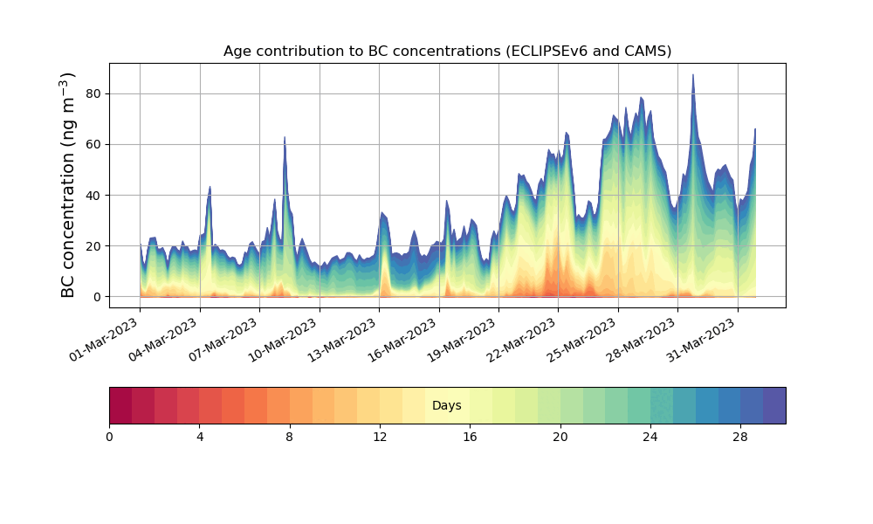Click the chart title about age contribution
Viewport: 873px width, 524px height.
click(x=447, y=51)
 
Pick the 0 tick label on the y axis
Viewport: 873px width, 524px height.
click(x=98, y=297)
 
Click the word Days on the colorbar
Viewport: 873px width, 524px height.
click(x=447, y=405)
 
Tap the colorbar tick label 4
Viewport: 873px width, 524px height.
click(x=200, y=437)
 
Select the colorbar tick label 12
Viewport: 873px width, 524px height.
click(x=380, y=437)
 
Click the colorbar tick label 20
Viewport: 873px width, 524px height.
click(x=560, y=437)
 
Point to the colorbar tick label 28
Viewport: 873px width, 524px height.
click(x=740, y=437)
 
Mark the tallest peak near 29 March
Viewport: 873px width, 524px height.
click(x=693, y=76)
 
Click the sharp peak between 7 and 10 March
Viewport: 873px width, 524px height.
click(x=285, y=138)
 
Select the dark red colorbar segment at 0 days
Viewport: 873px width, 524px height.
click(x=120, y=405)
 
